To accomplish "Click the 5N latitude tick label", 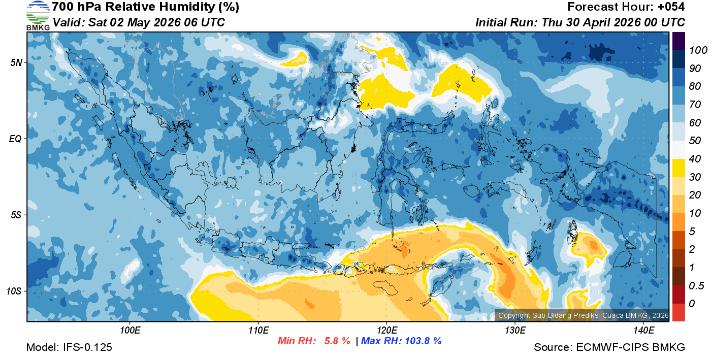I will point(16,62).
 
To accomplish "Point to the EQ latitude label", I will point(16,139).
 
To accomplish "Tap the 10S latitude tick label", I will point(14,291).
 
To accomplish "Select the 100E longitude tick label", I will point(130,331).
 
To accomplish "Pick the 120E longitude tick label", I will point(386,331).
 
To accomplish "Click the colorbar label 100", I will point(695,50).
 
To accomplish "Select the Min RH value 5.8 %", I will point(337,341).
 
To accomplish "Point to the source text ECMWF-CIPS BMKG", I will point(630,348).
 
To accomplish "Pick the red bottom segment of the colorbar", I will point(678,312).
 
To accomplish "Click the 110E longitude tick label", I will point(258,331).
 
